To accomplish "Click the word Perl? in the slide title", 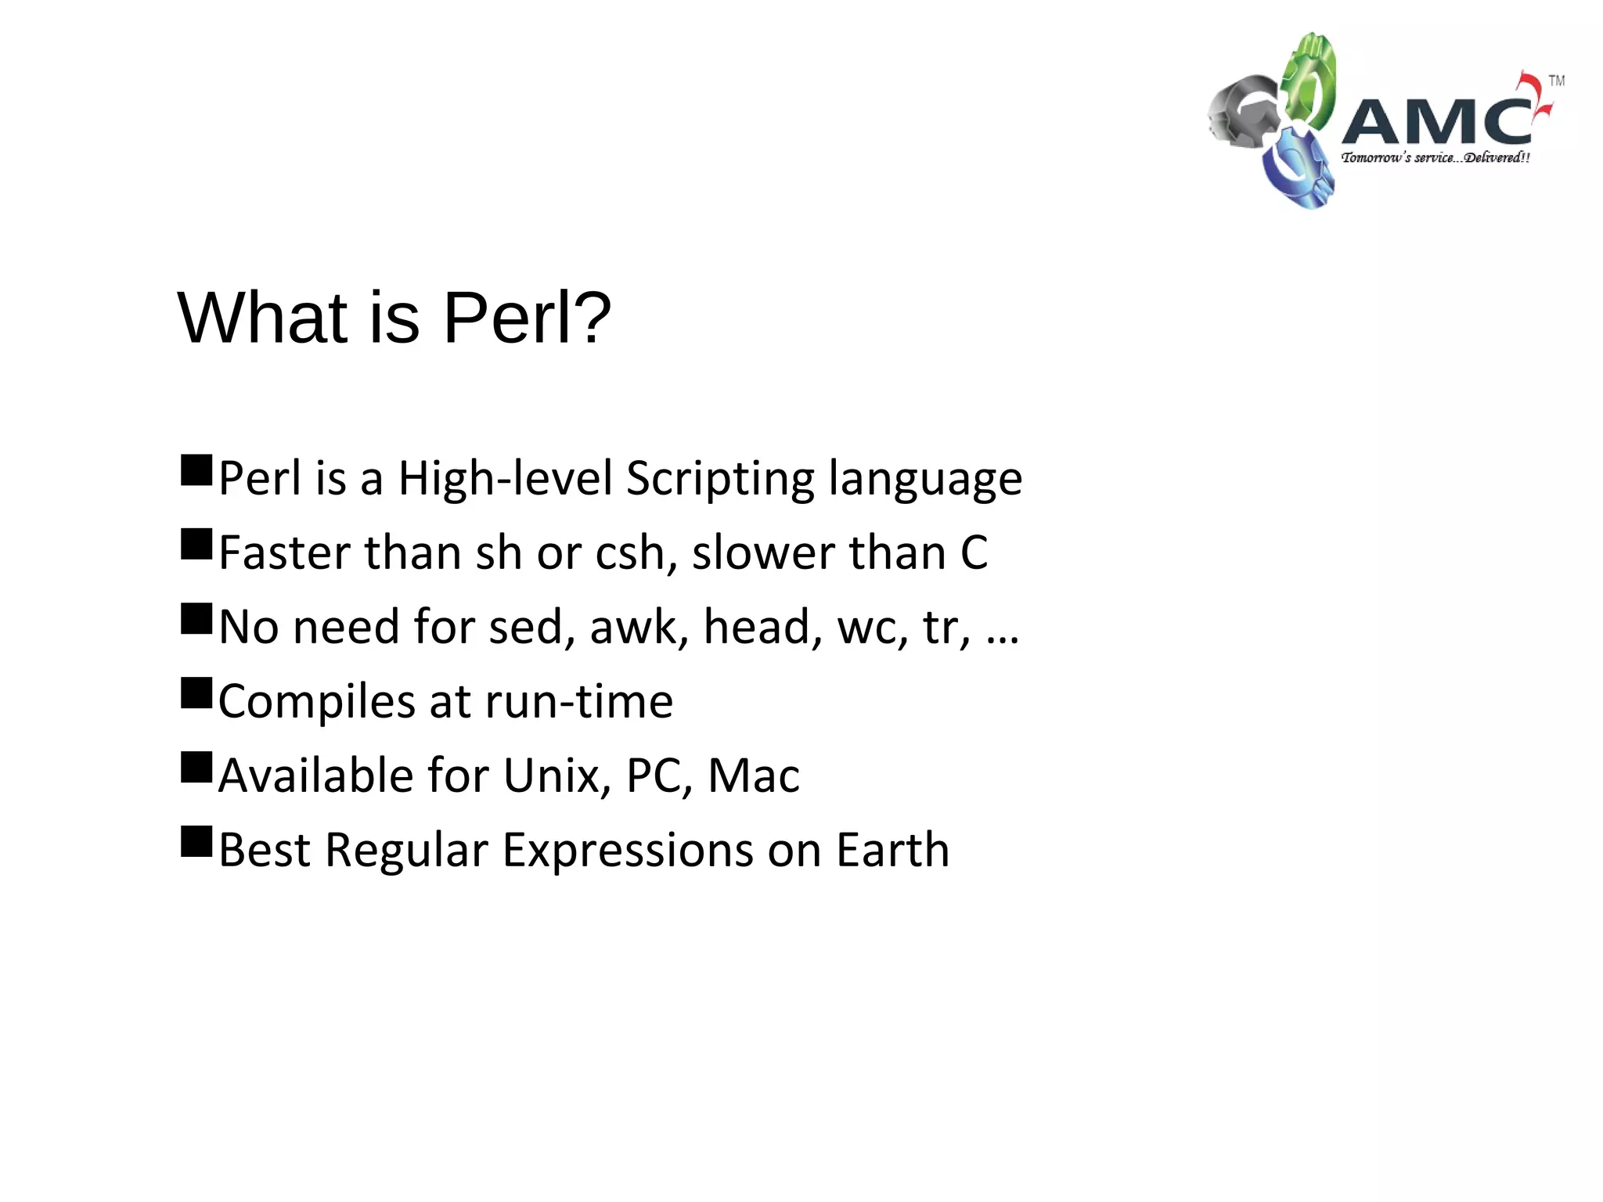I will pos(527,318).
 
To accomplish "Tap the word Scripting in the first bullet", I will pos(720,479).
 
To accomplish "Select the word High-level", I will pos(505,479).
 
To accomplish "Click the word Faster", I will pos(284,552).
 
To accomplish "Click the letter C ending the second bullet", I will pos(974,552).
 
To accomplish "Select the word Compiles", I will pos(316,702).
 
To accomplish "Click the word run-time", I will pos(578,702).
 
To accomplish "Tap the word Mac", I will pos(753,776).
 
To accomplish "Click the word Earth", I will pos(892,850).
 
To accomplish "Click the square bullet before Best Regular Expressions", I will pos(196,842).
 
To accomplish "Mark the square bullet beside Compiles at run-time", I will pos(196,693).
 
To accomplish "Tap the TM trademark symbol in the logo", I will pos(1556,81).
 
